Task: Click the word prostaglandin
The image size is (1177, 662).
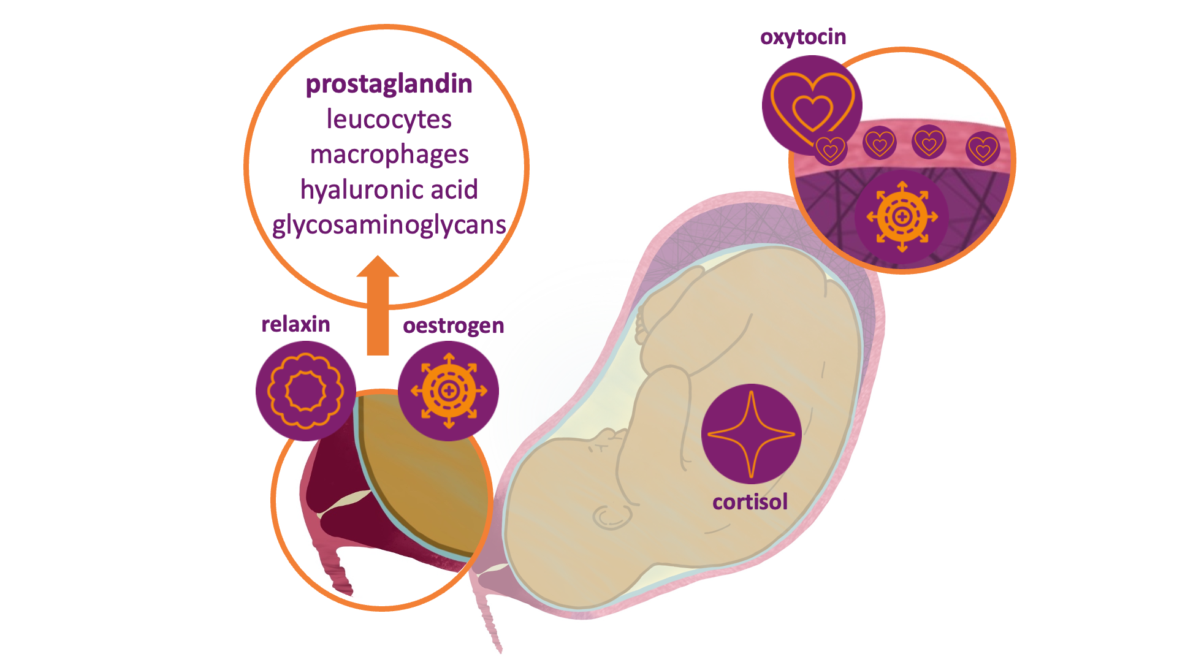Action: (389, 84)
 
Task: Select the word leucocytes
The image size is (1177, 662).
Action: (389, 119)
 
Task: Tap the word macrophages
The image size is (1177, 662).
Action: (389, 154)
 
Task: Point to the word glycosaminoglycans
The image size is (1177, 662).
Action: (389, 225)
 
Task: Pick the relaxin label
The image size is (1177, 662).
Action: (295, 324)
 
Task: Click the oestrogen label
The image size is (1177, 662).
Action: (453, 325)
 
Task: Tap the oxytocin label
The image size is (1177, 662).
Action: (802, 37)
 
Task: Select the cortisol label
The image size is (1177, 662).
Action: (750, 502)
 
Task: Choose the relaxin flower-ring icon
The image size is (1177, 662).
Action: (305, 390)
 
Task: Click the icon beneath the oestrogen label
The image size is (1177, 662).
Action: (448, 390)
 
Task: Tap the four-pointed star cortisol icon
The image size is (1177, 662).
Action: (751, 434)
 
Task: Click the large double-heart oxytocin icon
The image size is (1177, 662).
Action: (811, 104)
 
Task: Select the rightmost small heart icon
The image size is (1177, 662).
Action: (983, 148)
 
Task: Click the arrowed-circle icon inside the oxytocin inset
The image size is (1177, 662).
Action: (902, 216)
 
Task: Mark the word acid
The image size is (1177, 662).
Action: (454, 190)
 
